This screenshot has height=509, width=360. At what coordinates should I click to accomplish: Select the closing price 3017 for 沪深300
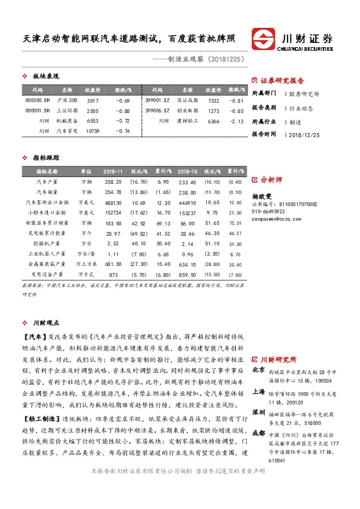click(93, 100)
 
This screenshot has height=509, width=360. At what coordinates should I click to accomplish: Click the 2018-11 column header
click(113, 172)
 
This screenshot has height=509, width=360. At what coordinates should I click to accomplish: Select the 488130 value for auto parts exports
click(113, 202)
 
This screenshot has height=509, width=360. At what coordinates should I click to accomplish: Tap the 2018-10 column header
click(188, 172)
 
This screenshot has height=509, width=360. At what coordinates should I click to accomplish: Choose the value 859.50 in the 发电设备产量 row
click(188, 274)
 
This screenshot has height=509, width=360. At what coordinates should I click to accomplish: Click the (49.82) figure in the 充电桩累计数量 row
click(140, 233)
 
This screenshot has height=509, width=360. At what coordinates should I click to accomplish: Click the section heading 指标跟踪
click(45, 157)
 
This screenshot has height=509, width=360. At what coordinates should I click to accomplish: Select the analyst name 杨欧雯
click(263, 196)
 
